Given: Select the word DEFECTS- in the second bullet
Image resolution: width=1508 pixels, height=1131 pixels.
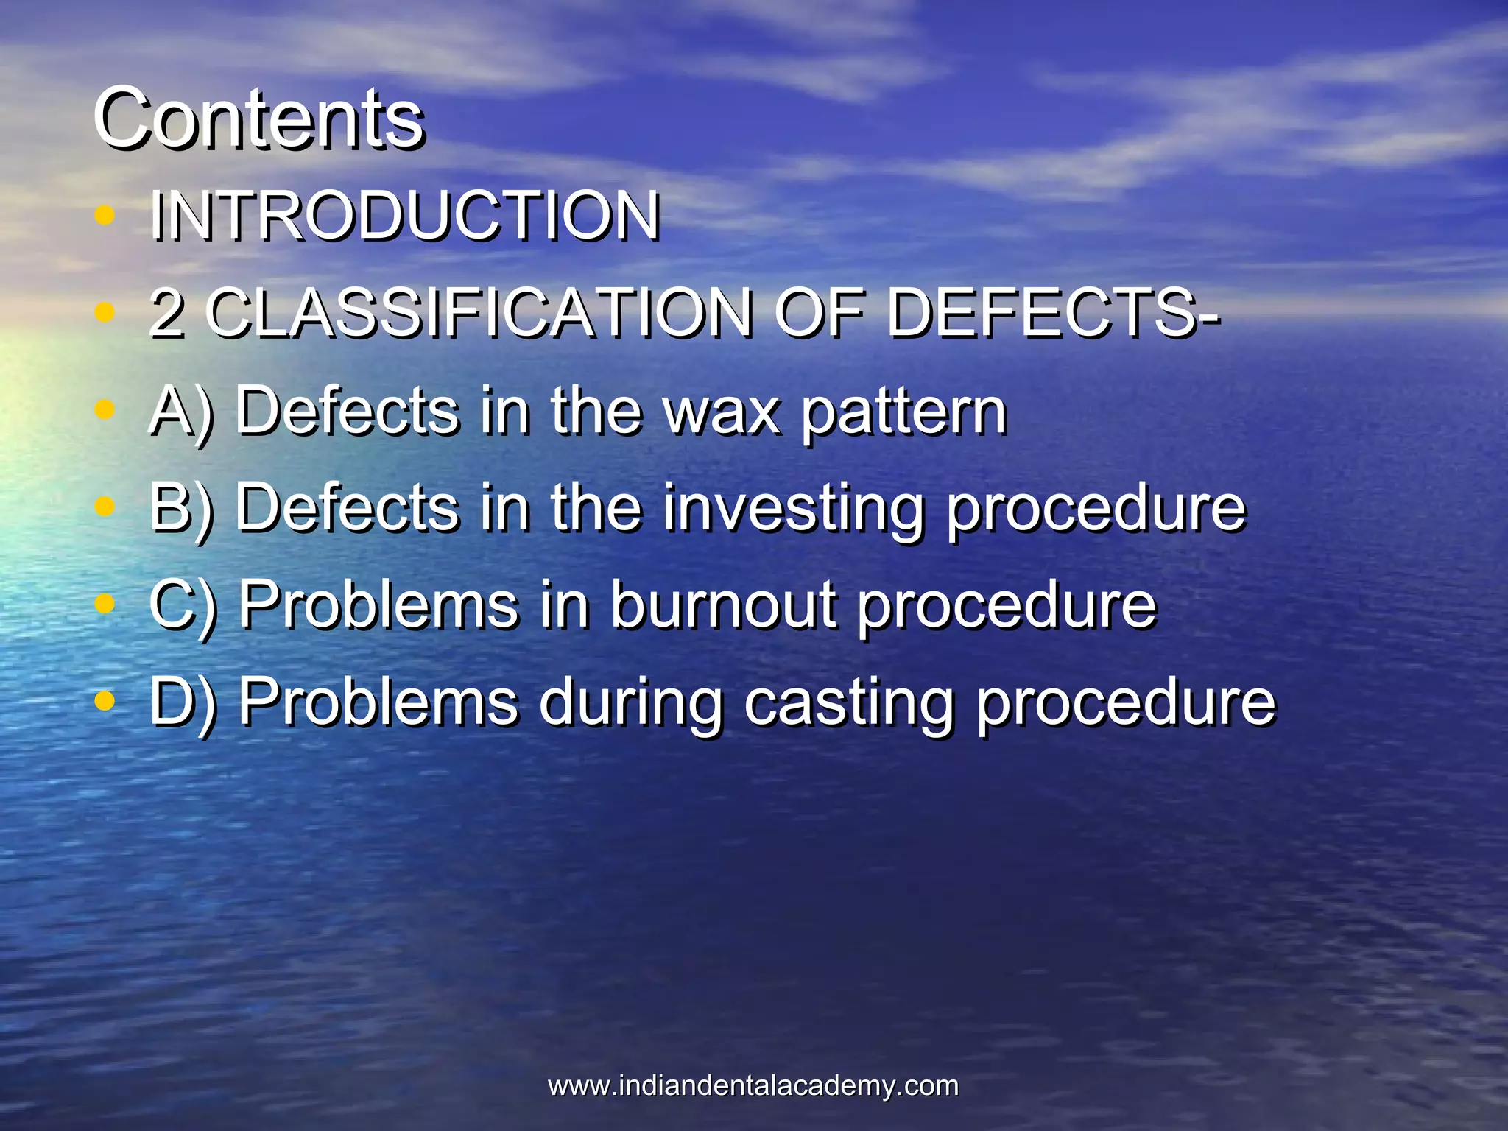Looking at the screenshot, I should pos(1053,313).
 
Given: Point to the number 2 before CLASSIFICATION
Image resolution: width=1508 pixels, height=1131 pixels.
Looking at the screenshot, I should pos(166,314).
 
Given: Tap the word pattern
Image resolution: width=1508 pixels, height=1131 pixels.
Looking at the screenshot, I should pos(903,412).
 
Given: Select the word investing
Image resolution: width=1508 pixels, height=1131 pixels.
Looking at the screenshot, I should pos(793,510).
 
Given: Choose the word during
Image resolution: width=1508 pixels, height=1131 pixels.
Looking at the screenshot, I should pos(631,703).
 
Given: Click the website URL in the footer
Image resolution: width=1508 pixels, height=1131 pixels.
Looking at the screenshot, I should pos(753,1085).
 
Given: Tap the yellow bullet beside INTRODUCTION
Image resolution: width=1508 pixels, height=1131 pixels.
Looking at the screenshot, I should pos(105,215).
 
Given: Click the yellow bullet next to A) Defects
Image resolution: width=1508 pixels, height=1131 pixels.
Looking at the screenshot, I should pos(105,410).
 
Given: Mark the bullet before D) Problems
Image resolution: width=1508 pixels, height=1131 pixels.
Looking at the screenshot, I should pos(105,701).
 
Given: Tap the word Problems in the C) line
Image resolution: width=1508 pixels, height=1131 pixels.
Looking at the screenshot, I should pos(378,605).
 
